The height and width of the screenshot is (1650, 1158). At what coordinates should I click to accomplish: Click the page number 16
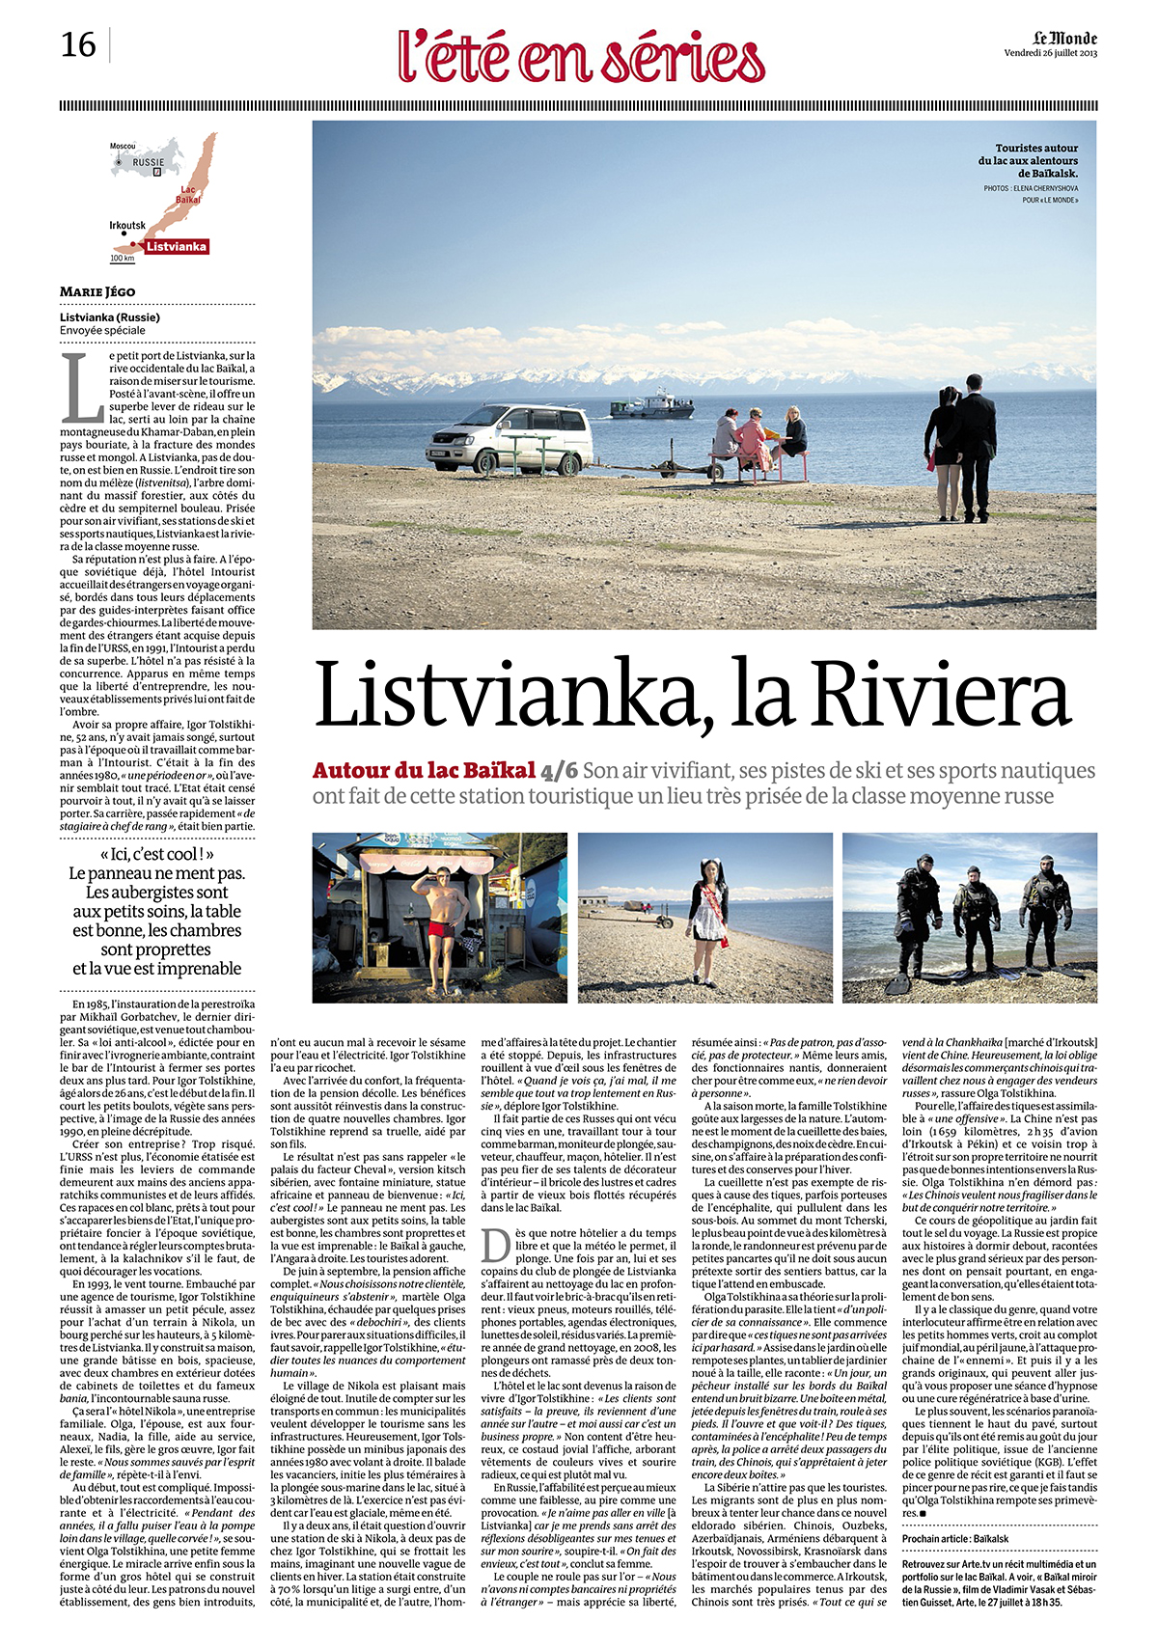[78, 45]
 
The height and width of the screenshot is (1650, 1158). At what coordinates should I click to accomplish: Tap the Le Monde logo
[1064, 38]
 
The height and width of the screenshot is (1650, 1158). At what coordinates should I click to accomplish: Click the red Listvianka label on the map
[177, 246]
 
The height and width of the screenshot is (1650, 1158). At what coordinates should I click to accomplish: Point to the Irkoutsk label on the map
[127, 226]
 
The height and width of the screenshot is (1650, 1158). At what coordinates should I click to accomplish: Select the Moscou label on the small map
[123, 146]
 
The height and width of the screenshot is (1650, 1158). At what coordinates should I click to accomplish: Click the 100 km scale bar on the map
[123, 259]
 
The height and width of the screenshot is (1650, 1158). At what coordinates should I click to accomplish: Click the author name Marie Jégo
[97, 291]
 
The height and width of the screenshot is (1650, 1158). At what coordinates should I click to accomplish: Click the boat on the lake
[652, 404]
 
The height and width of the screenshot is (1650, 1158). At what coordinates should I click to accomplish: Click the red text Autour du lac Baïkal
[424, 770]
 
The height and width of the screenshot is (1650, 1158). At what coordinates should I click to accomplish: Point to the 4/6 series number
[560, 770]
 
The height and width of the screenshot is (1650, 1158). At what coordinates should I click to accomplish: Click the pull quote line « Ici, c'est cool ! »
[156, 854]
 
